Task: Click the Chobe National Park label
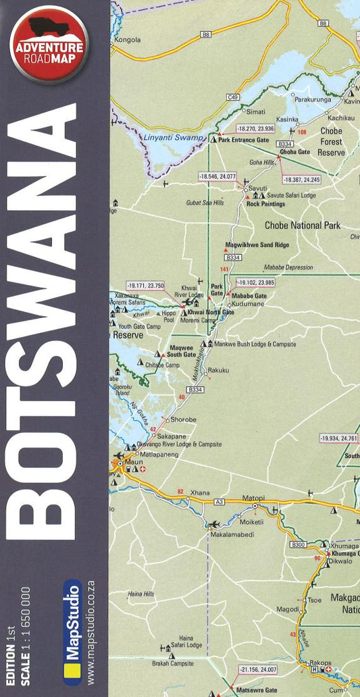coord(303,226)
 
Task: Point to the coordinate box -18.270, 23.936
coord(255,128)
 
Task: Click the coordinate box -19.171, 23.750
coord(145,286)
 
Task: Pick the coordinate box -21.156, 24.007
coord(258,670)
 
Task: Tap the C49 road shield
coord(233,97)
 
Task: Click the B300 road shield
coord(299,544)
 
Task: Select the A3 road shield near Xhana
coord(220,502)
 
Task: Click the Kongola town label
coord(128,40)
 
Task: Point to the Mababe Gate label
coord(250,296)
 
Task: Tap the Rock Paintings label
coord(265,203)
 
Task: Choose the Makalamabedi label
coord(232,534)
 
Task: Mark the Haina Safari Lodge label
coord(186,641)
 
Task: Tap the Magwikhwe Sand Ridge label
coord(257,246)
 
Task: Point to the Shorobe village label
coord(183,419)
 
